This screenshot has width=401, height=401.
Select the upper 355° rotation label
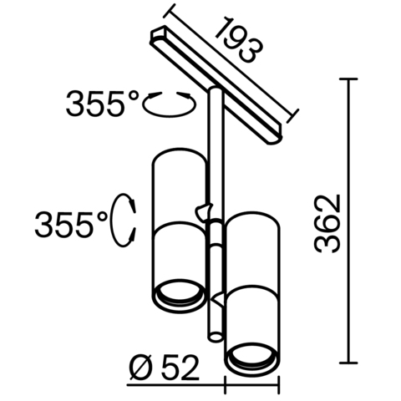click(104, 106)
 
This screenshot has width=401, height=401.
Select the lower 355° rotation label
click(71, 223)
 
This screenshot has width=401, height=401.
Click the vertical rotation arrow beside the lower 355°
click(127, 220)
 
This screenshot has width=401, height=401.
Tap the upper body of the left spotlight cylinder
click(176, 188)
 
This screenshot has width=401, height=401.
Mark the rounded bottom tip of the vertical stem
click(215, 335)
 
